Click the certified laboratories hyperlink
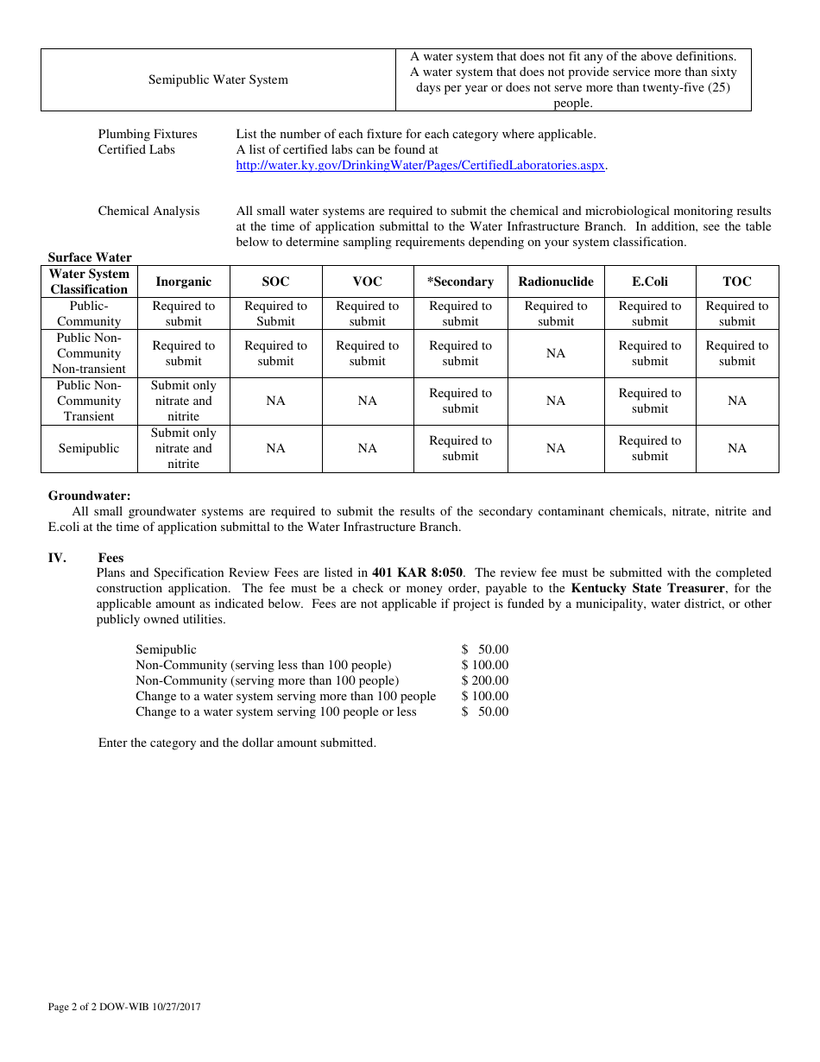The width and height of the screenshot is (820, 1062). click(420, 165)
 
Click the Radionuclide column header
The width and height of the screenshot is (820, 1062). click(556, 281)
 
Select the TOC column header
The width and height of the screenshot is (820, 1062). click(737, 281)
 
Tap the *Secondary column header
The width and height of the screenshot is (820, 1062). click(460, 281)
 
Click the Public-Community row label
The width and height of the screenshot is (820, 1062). click(89, 313)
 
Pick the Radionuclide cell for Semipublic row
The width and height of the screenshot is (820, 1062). click(556, 448)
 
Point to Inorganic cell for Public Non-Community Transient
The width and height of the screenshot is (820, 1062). click(184, 401)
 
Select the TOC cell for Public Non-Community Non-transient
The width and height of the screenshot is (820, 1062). click(737, 353)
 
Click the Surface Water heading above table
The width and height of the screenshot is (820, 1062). click(90, 257)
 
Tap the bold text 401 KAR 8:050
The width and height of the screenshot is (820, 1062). click(417, 572)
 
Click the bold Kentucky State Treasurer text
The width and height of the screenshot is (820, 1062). click(647, 588)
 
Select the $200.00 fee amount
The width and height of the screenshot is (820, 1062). click(485, 680)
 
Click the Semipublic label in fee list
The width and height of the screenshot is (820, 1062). click(166, 649)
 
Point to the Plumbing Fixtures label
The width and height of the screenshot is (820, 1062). click(148, 134)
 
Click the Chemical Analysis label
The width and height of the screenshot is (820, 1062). click(148, 211)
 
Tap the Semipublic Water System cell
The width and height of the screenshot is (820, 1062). click(218, 79)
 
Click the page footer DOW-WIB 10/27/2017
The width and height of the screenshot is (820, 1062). click(124, 1007)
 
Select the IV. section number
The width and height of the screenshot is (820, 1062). click(57, 558)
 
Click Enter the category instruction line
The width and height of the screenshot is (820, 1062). click(237, 743)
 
